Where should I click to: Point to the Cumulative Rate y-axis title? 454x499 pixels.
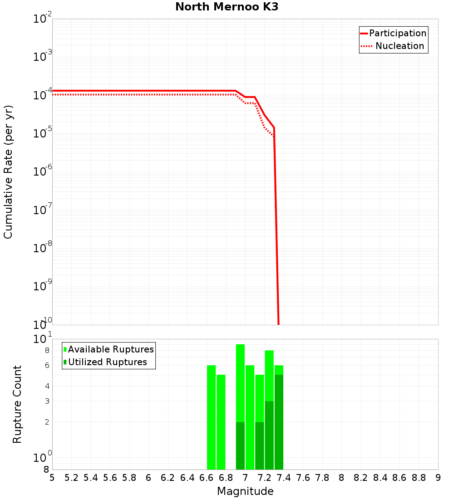[x=8, y=171]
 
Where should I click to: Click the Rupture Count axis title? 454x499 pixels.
[x=17, y=404]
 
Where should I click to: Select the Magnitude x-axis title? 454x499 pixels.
[x=245, y=491]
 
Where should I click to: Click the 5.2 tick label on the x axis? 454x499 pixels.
[x=72, y=478]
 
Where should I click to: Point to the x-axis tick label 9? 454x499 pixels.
[x=438, y=478]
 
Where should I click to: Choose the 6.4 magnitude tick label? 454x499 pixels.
[x=188, y=478]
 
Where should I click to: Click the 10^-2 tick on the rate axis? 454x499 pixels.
[x=43, y=19]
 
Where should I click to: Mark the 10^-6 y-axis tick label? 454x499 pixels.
[x=43, y=172]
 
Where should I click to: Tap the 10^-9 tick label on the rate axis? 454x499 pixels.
[x=43, y=286]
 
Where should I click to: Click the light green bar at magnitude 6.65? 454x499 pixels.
[x=211, y=417]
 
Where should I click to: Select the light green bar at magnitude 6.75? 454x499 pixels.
[x=221, y=422]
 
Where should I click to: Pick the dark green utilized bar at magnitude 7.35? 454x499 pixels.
[x=279, y=422]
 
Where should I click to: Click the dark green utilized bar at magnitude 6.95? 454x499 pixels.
[x=240, y=445]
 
